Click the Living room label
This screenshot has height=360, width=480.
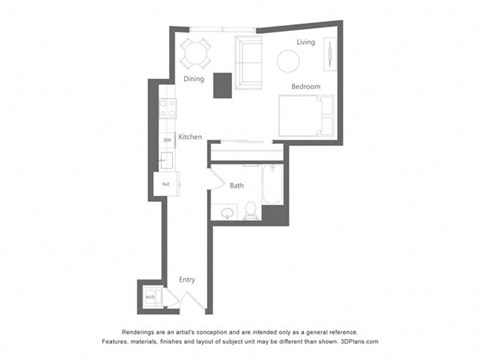[306, 42]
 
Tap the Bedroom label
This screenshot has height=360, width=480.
[306, 88]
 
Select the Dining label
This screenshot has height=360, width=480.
[194, 80]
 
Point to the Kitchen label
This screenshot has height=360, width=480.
[191, 136]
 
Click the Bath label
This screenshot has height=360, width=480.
[237, 185]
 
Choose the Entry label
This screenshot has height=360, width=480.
[187, 280]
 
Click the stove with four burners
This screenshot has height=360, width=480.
[167, 107]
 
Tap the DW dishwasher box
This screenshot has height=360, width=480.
[166, 140]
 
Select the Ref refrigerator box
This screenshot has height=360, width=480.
[166, 184]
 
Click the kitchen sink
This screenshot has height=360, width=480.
[166, 160]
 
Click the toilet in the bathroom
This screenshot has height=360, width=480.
[250, 209]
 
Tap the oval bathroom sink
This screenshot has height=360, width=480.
[226, 211]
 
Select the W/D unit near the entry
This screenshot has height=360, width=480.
[150, 297]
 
